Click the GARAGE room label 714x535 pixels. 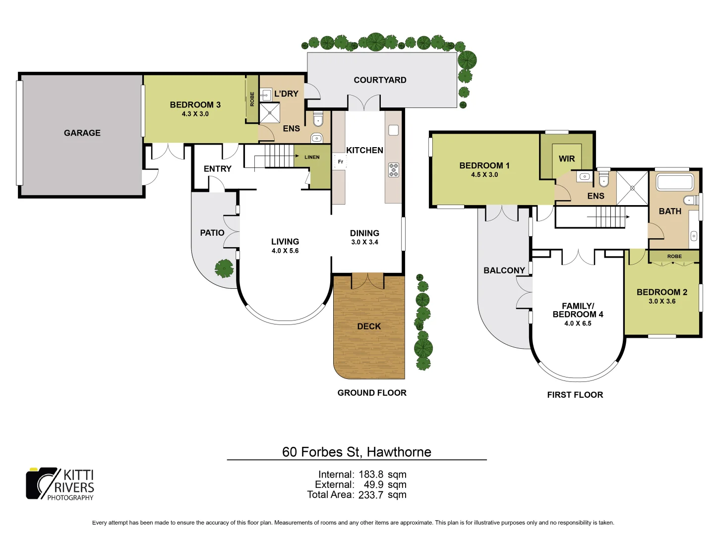tap(82, 133)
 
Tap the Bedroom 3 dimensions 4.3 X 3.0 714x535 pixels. tap(195, 114)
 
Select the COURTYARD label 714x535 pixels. tap(380, 80)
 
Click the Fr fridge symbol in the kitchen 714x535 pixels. tap(340, 162)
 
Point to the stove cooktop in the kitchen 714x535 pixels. tap(394, 170)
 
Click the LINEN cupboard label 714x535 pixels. tap(312, 157)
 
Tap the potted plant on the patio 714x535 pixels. tap(224, 268)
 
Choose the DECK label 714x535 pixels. tap(369, 326)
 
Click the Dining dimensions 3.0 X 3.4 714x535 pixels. tap(364, 242)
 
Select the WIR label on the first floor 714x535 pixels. tap(567, 159)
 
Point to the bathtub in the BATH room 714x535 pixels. tap(675, 182)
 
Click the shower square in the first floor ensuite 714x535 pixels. tap(632, 188)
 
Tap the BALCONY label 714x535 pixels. tap(504, 270)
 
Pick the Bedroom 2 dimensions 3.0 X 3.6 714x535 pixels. tap(662, 301)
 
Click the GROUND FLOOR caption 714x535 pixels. tap(372, 393)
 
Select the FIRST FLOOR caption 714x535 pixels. tap(575, 395)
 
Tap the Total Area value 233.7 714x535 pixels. tap(371, 495)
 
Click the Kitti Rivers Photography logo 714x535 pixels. tap(60, 484)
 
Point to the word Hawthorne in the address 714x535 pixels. tap(399, 452)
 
